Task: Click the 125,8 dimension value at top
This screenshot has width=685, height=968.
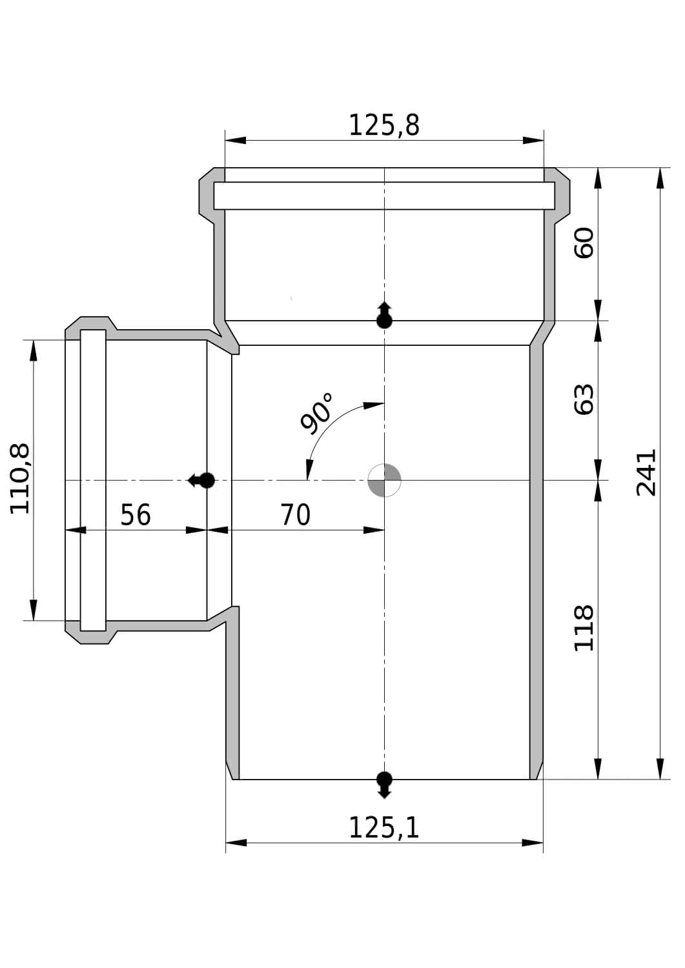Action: [384, 125]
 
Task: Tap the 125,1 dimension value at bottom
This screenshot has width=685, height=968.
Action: [384, 827]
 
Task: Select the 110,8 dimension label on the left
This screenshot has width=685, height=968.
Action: [20, 479]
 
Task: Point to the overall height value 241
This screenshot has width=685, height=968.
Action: [646, 473]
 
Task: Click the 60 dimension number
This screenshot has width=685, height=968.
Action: [584, 243]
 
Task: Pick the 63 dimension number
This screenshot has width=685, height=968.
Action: [584, 399]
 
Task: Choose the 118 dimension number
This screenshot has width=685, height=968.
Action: [584, 628]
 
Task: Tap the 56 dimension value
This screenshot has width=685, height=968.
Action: [136, 515]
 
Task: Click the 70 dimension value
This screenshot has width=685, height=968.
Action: [295, 515]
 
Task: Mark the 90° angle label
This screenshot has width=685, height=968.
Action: [317, 413]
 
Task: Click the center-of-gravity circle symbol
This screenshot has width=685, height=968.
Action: [384, 480]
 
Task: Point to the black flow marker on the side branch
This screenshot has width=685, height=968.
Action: [201, 480]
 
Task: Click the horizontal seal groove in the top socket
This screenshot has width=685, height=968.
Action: [384, 196]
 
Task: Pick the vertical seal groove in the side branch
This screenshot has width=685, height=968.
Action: [93, 481]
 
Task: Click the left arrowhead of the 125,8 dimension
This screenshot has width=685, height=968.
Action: [236, 141]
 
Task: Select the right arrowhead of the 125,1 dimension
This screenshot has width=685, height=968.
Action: [533, 843]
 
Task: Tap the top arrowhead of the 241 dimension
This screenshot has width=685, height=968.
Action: [660, 178]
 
